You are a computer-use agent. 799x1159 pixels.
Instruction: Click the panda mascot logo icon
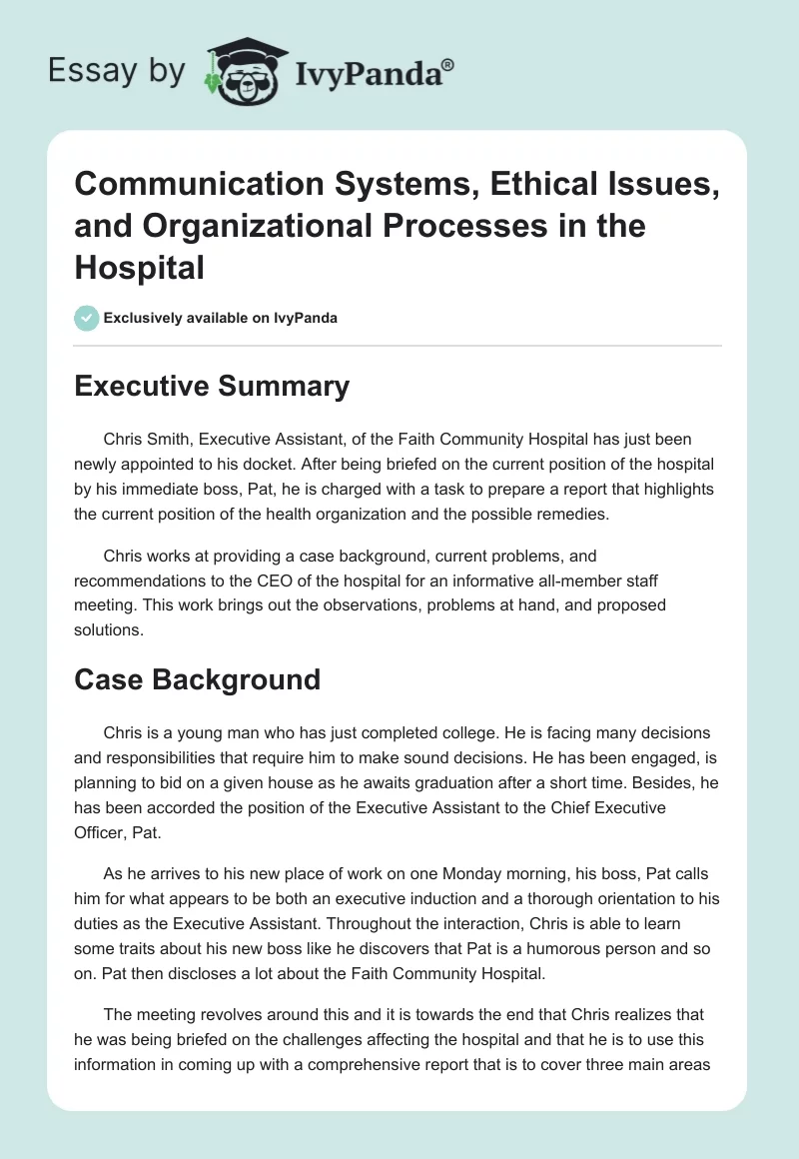(242, 73)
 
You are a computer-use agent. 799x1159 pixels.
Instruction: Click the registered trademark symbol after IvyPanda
(448, 66)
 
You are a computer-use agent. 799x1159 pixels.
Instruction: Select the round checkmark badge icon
(86, 318)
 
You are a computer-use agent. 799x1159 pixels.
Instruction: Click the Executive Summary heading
(212, 387)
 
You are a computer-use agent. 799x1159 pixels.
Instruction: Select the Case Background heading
(197, 679)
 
